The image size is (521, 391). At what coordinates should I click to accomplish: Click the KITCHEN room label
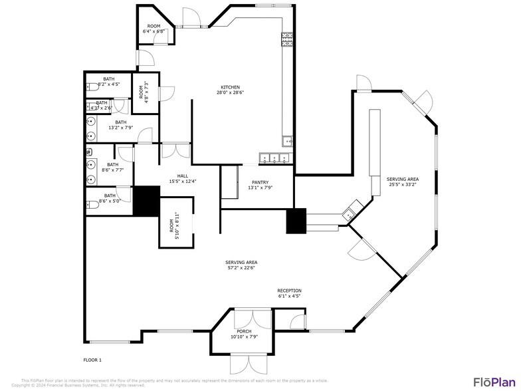230,87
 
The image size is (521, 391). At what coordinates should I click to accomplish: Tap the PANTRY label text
260,182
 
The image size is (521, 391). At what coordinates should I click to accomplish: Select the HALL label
183,176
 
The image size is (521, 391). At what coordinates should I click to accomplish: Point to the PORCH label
244,331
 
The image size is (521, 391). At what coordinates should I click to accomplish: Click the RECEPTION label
289,291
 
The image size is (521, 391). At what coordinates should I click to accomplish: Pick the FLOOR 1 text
92,360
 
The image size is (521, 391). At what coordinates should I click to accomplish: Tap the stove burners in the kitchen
287,40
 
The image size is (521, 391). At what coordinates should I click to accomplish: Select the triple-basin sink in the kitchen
275,158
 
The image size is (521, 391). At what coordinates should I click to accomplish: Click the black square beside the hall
146,200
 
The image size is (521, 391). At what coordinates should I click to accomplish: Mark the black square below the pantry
296,221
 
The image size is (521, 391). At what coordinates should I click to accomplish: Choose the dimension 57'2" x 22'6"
241,268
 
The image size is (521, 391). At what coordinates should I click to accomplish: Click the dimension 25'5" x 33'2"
403,184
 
